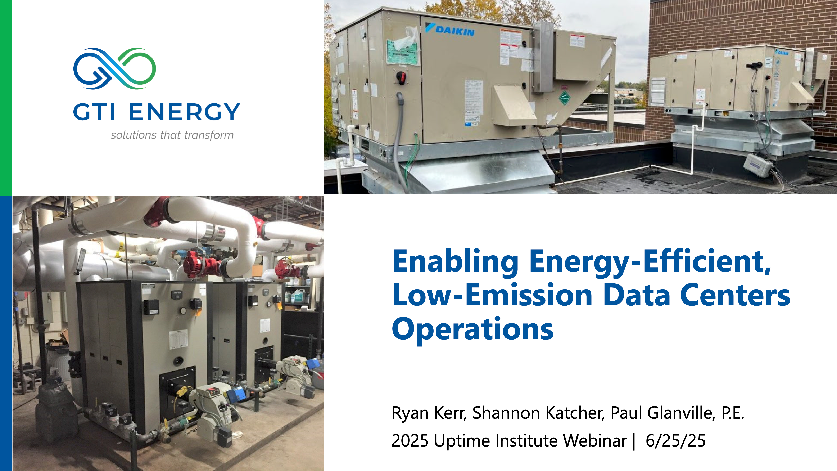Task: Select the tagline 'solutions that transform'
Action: pyautogui.click(x=172, y=135)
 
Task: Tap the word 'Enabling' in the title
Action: pyautogui.click(x=455, y=262)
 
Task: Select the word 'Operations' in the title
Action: pyautogui.click(x=473, y=329)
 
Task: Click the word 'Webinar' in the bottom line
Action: pyautogui.click(x=595, y=441)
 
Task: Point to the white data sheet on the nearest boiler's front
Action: pyautogui.click(x=178, y=339)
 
